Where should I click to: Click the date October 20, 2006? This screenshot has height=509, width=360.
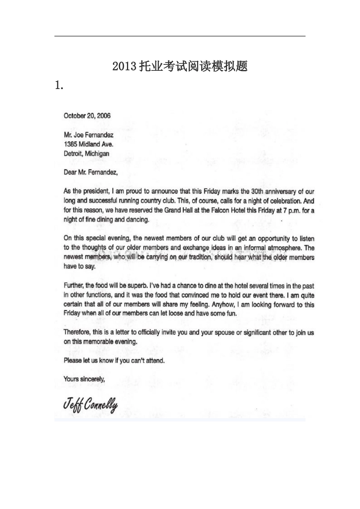(x=87, y=116)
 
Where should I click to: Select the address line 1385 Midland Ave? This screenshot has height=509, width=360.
(x=88, y=144)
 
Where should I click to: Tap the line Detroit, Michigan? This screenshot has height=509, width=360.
(x=86, y=154)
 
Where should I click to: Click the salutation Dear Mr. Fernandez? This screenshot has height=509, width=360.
(x=91, y=172)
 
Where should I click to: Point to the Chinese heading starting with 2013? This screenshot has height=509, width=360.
(x=180, y=66)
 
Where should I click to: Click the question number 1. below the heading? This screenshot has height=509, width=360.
(x=59, y=86)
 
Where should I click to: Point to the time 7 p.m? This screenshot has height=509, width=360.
(x=291, y=210)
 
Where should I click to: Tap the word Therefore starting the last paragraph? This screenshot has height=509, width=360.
(x=77, y=333)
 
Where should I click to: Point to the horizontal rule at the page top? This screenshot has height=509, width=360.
(x=180, y=36)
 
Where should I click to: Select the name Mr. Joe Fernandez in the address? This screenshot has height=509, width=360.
(x=88, y=135)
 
